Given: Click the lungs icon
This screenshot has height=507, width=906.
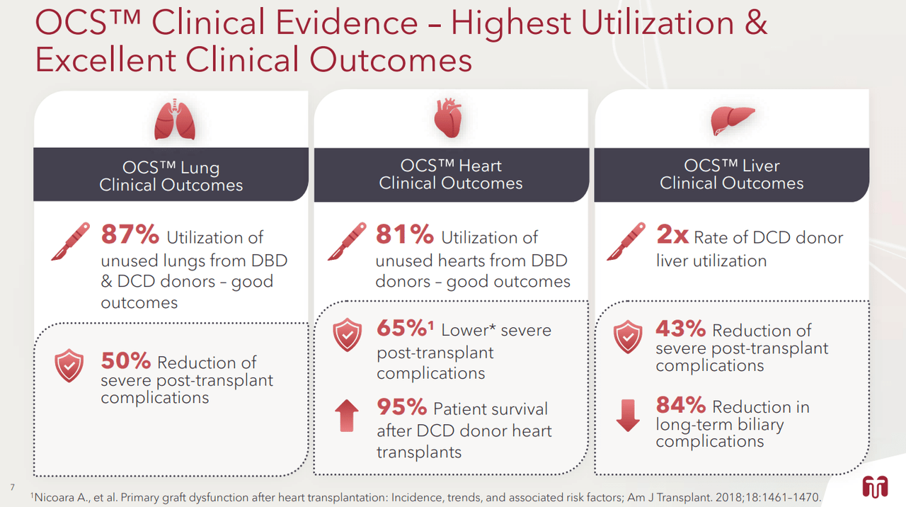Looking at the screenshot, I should pos(174,120).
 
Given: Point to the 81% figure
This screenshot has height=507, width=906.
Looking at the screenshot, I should pos(404,235).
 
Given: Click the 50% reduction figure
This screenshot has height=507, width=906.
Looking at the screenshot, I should pos(125,361).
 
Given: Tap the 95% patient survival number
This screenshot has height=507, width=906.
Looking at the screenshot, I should pos(401,407).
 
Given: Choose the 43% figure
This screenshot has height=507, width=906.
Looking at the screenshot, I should pos(680,329).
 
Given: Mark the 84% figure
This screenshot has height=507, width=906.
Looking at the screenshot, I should pos(680,405).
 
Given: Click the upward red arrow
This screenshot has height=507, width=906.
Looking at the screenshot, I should pos(346,415).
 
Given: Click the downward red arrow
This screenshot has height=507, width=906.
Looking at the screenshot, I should pos(628,416).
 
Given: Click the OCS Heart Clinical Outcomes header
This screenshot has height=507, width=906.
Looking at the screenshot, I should pos(451,174).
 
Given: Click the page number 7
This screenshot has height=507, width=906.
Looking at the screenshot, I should pos(12,486).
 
